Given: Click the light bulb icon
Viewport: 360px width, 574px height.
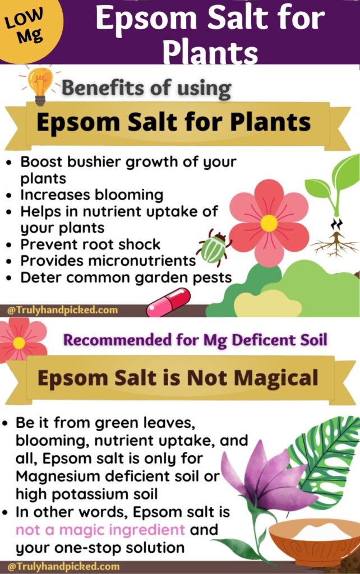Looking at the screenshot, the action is tap(40, 86).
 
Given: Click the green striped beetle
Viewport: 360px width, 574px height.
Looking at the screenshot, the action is tap(214, 248).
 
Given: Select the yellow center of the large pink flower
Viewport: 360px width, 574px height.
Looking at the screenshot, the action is tap(269, 223).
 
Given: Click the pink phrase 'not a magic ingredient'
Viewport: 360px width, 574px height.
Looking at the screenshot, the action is tap(100, 530).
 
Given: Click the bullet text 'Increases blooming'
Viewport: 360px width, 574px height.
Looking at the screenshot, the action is tap(92, 195).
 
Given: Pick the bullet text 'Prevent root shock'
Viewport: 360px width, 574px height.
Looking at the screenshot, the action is tap(90, 244).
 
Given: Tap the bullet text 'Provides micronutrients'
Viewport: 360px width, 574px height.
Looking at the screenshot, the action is tap(108, 261).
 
